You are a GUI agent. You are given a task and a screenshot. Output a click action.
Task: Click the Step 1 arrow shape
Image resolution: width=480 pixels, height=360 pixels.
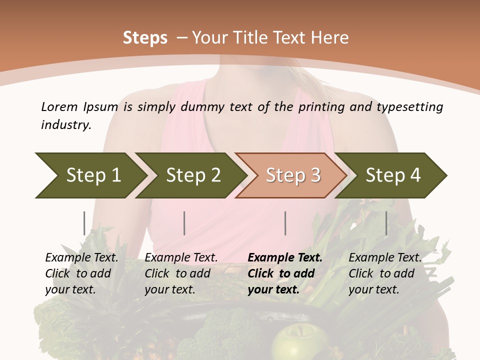(x=90, y=175)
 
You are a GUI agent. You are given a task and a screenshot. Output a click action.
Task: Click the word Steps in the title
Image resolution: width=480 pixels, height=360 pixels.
(x=145, y=38)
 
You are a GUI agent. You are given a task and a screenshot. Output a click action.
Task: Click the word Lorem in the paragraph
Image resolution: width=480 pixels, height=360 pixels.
(x=59, y=106)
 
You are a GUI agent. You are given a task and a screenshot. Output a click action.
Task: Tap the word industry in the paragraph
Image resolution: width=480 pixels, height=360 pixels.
(x=66, y=124)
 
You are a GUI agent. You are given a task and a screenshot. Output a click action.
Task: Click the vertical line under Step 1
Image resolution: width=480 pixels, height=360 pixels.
(x=84, y=223)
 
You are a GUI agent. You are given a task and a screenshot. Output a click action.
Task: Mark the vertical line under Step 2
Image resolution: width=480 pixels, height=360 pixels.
(x=184, y=223)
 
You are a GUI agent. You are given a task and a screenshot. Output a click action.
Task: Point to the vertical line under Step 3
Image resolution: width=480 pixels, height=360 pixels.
(x=285, y=223)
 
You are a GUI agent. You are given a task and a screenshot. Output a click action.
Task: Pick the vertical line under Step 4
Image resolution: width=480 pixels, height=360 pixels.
(x=386, y=223)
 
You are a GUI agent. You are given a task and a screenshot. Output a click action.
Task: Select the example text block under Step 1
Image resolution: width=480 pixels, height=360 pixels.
(x=81, y=273)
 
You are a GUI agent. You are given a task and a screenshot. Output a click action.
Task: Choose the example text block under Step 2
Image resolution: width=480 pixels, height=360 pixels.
(x=181, y=273)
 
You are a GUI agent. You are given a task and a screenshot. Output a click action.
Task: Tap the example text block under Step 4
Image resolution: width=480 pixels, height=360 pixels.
(x=385, y=273)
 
